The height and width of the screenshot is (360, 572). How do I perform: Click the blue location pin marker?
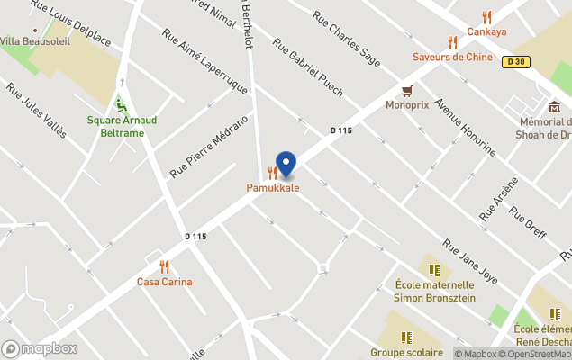[x=286, y=164]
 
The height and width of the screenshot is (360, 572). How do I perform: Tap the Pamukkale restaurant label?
[x=273, y=187]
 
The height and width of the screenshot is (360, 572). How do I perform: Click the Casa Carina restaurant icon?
[x=164, y=266]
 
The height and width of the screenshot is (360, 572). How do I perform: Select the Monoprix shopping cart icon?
[x=407, y=90]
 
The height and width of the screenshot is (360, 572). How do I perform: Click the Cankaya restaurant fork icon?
[x=486, y=17]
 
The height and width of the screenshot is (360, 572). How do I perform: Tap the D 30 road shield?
[x=516, y=62]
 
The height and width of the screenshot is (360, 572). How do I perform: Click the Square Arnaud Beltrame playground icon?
[x=122, y=106]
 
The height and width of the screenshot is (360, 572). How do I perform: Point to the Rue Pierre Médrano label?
[x=208, y=146]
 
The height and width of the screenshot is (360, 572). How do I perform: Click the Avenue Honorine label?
[x=465, y=127]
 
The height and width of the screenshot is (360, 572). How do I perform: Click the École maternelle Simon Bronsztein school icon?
[x=434, y=269]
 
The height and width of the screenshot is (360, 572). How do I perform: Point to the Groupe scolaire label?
[x=406, y=352]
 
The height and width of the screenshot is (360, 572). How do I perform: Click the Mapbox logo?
[x=40, y=348]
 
